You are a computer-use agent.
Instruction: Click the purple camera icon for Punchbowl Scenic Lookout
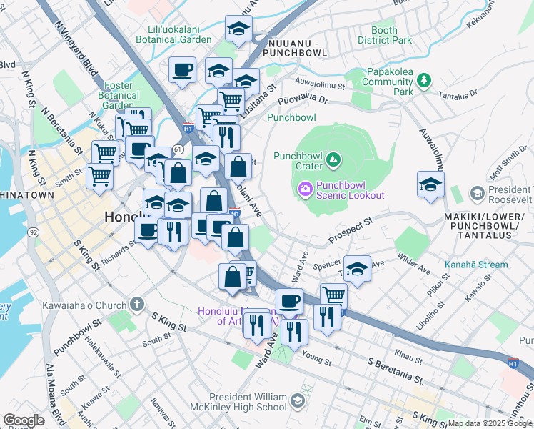point(305,189)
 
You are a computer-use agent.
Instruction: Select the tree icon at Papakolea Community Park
point(424,79)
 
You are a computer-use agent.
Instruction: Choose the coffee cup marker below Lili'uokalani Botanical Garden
point(181,71)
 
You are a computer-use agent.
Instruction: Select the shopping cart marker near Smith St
point(99,175)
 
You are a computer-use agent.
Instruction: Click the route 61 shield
point(177,148)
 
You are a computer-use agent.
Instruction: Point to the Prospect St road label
point(351,230)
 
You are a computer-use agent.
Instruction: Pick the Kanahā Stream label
point(476,265)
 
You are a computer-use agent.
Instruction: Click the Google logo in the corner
point(24,420)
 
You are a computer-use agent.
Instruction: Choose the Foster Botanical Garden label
point(118,95)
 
